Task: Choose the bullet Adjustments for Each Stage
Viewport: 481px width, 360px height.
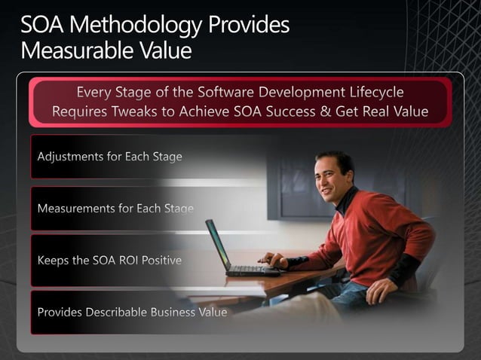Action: [109, 157]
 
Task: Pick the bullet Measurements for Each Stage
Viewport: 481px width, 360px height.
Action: [115, 208]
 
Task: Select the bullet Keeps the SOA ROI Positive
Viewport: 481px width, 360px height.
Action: [109, 261]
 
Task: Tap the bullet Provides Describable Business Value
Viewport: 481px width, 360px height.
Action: [132, 312]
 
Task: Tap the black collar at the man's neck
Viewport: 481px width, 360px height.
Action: [346, 199]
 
